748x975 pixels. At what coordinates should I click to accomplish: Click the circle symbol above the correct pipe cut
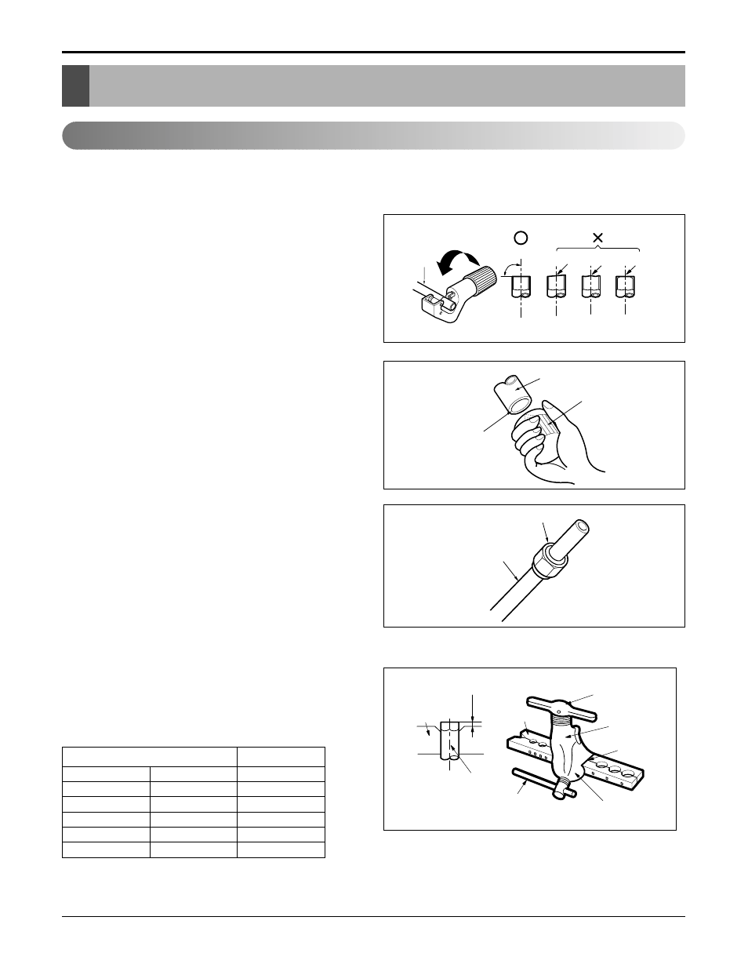click(x=521, y=238)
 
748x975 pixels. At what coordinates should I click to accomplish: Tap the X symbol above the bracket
click(x=597, y=237)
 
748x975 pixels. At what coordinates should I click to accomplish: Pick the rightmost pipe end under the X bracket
click(x=625, y=287)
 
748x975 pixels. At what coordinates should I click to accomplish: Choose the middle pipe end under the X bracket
click(x=590, y=287)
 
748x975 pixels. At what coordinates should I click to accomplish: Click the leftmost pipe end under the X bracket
click(x=556, y=287)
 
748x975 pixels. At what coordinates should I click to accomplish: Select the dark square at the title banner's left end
click(x=75, y=85)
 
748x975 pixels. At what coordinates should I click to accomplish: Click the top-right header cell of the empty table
click(x=281, y=757)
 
